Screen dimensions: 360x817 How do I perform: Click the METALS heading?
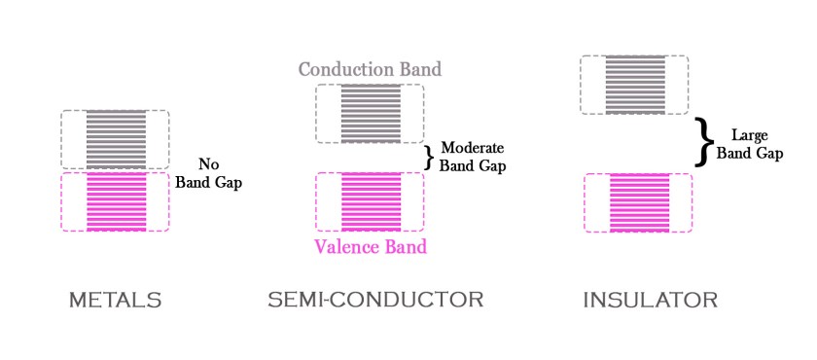click(115, 301)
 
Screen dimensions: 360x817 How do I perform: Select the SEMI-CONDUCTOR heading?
click(375, 300)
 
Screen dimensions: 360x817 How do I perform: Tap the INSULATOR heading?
click(650, 301)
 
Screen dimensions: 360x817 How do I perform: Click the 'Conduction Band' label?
click(370, 70)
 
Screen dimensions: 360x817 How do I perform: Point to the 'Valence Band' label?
click(371, 246)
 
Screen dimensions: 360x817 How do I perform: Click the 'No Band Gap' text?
click(207, 172)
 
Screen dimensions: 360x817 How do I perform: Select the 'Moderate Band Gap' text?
click(474, 157)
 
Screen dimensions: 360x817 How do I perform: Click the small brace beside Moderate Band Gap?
click(429, 157)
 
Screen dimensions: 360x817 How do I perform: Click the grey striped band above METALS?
click(116, 140)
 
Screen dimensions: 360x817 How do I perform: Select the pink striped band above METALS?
click(116, 201)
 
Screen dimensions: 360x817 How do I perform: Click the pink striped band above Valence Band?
click(370, 201)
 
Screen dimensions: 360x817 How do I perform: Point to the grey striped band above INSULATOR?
click(634, 85)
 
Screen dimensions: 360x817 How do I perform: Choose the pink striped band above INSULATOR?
click(639, 202)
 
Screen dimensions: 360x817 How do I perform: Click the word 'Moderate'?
click(474, 148)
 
